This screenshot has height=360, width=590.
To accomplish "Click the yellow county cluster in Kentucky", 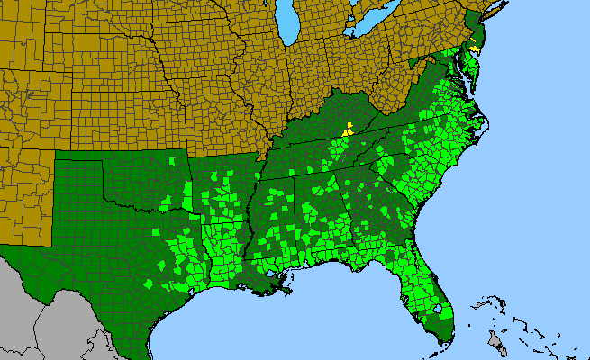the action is (x=347, y=130).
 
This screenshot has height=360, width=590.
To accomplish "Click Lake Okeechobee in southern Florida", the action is (x=440, y=310).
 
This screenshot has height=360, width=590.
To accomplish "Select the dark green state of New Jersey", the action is (x=480, y=36).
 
